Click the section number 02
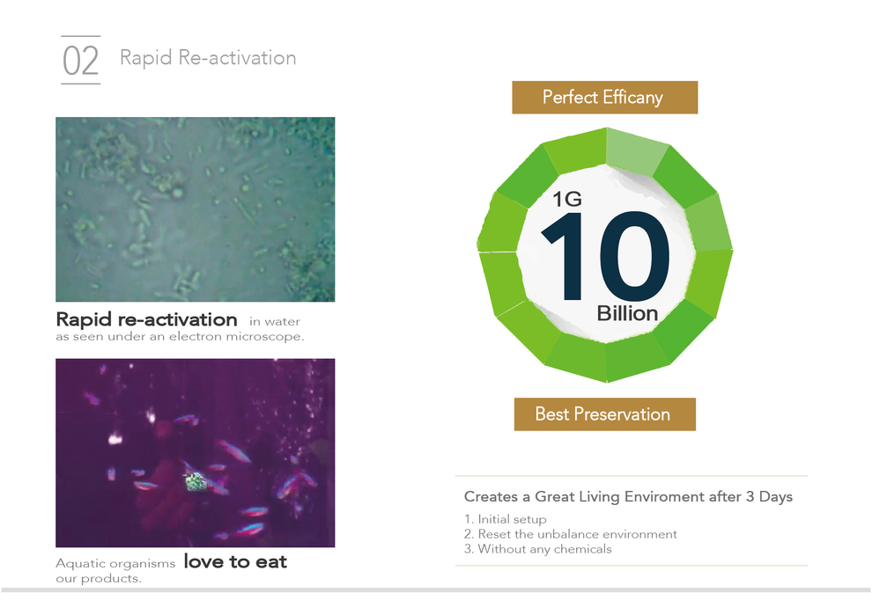click(x=81, y=61)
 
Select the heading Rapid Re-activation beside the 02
click(x=208, y=58)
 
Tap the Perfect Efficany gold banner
click(x=604, y=98)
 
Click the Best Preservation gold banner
click(x=604, y=414)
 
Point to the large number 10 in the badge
click(x=606, y=256)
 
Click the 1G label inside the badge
click(x=567, y=199)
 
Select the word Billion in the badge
click(x=627, y=313)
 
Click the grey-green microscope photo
click(x=196, y=209)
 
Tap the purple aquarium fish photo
click(x=196, y=453)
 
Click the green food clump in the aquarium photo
click(x=196, y=481)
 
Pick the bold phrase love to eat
click(x=235, y=561)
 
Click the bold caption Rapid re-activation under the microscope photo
click(x=147, y=319)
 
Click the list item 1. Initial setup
click(x=506, y=519)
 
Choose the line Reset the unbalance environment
click(x=577, y=534)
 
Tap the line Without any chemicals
click(x=545, y=549)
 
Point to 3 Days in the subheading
click(x=769, y=496)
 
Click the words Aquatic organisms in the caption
click(x=115, y=563)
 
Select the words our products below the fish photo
click(x=99, y=578)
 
